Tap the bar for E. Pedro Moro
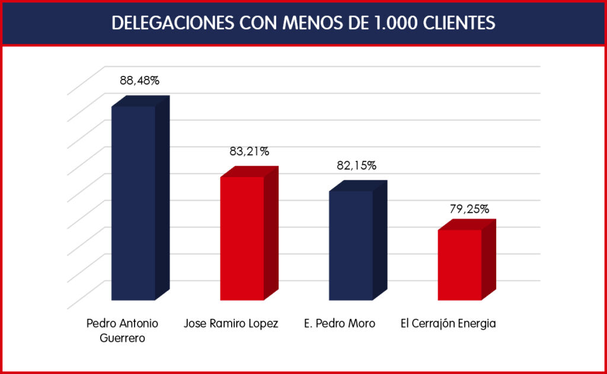coord(351,245)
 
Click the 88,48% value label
coord(139,81)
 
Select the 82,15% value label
coord(356,166)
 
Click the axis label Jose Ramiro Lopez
coord(231,324)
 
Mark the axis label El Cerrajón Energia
coord(448,324)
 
